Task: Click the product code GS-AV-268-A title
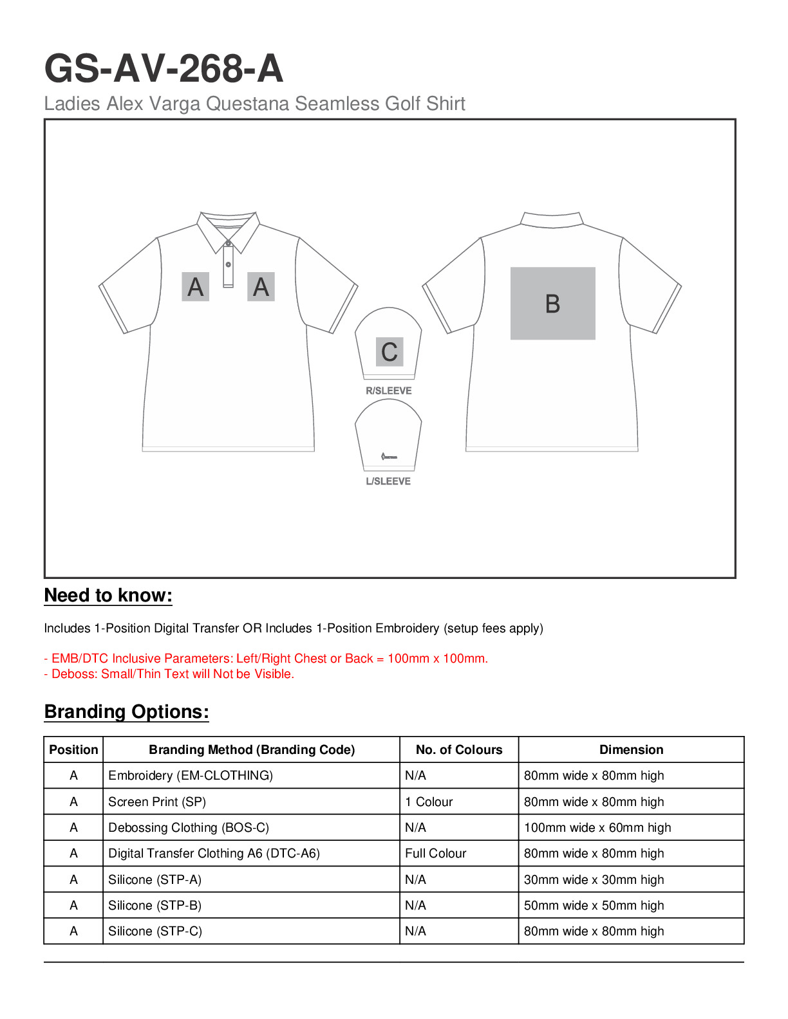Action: pos(164,69)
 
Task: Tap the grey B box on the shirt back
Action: pos(552,303)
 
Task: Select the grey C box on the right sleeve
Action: pos(389,352)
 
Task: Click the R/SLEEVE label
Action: pos(388,390)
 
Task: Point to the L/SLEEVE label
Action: pos(388,481)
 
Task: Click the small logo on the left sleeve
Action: pos(388,456)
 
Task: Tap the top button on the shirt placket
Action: pos(228,244)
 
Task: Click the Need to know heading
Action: pos(108,596)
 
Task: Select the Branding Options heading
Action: pos(126,711)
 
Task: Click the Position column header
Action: pos(73,749)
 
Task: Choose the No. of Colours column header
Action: pos(458,749)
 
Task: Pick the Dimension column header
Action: pos(631,749)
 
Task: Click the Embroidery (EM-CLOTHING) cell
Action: pos(191,775)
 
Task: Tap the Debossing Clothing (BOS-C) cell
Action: pos(189,827)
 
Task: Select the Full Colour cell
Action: pos(435,853)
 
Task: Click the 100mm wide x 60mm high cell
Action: pos(597,827)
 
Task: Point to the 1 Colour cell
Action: pos(429,802)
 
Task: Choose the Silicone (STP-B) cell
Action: pos(155,905)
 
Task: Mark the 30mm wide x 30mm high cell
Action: pos(594,879)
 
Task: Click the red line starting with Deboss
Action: pos(169,674)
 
